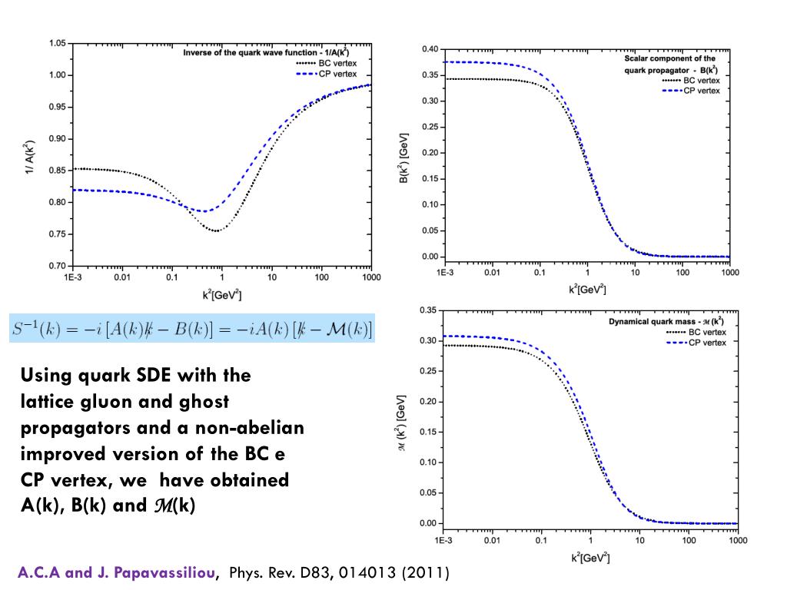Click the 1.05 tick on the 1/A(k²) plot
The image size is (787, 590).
click(58, 43)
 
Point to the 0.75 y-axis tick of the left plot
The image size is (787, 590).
click(58, 234)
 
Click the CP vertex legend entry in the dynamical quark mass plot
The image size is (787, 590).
click(708, 342)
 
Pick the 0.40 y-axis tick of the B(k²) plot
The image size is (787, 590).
click(430, 50)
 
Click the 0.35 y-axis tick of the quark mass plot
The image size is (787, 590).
click(427, 310)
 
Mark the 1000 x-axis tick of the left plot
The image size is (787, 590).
click(372, 277)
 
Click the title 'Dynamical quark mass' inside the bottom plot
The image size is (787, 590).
click(653, 321)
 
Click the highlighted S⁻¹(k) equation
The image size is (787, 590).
click(193, 329)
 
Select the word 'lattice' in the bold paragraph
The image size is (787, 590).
click(48, 402)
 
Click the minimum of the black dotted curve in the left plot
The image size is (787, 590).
click(216, 230)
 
